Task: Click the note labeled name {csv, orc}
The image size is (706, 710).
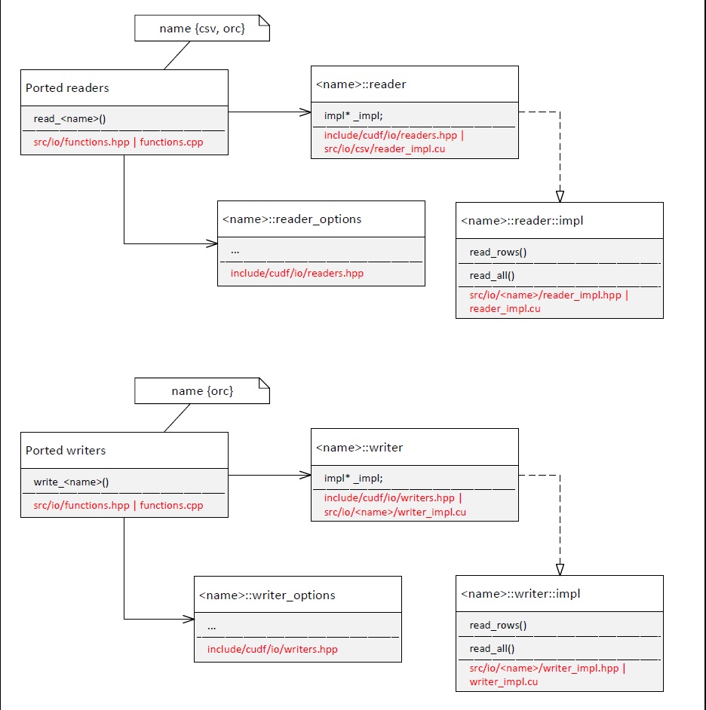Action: pyautogui.click(x=201, y=29)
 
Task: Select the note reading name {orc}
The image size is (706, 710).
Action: pyautogui.click(x=201, y=391)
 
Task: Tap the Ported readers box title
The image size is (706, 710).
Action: pyautogui.click(x=67, y=88)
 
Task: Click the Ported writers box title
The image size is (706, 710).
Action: pyautogui.click(x=66, y=451)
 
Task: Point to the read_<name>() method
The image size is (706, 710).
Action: pyautogui.click(x=70, y=119)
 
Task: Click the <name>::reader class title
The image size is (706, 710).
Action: pyautogui.click(x=361, y=84)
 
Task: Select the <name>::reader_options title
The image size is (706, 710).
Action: pyautogui.click(x=292, y=219)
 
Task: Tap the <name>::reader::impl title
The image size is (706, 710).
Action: pyautogui.click(x=522, y=221)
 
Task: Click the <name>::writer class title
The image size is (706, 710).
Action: pyautogui.click(x=359, y=448)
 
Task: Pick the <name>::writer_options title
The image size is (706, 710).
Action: pyautogui.click(x=267, y=595)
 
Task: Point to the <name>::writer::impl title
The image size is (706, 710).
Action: pyautogui.click(x=520, y=594)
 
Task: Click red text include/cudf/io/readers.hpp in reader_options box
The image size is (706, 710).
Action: pyautogui.click(x=296, y=273)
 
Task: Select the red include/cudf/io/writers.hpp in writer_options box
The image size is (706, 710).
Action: pyautogui.click(x=272, y=649)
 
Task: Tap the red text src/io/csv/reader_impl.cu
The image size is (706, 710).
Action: pyautogui.click(x=383, y=149)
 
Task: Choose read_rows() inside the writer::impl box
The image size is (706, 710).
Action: pyautogui.click(x=498, y=625)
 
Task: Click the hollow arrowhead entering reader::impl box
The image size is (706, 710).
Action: pyautogui.click(x=560, y=196)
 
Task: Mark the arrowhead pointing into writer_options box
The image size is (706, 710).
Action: pyautogui.click(x=188, y=620)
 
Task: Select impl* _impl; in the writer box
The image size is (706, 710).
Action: pyautogui.click(x=353, y=479)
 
